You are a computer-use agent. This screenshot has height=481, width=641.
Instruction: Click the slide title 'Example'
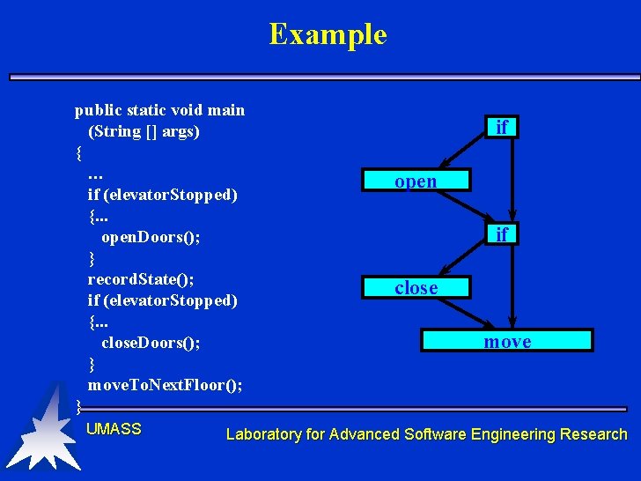point(328,34)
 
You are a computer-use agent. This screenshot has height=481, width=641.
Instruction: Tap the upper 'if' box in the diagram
point(501,128)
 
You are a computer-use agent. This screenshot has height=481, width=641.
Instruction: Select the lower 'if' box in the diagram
point(501,234)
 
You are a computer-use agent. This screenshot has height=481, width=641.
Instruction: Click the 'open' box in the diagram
point(416,181)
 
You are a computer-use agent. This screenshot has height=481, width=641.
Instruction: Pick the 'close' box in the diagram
point(416,288)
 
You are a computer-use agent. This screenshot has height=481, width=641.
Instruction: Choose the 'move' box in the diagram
point(507,341)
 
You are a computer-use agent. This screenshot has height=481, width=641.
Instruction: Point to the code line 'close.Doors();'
point(151,343)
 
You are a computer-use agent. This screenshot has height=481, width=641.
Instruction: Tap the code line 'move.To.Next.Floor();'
point(166,385)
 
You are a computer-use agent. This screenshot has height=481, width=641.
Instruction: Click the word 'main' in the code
point(226,110)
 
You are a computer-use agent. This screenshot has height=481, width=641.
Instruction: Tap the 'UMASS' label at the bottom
point(114,429)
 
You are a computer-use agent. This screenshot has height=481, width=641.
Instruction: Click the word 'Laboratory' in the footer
point(263,434)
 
